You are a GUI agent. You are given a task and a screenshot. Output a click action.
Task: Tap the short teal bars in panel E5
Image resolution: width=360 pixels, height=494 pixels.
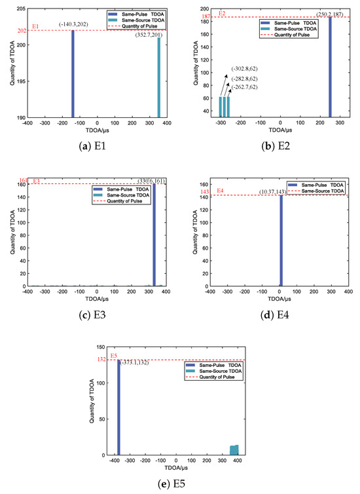click(x=234, y=450)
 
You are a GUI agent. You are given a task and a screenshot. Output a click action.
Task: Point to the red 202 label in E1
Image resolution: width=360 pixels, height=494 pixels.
click(x=20, y=29)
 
